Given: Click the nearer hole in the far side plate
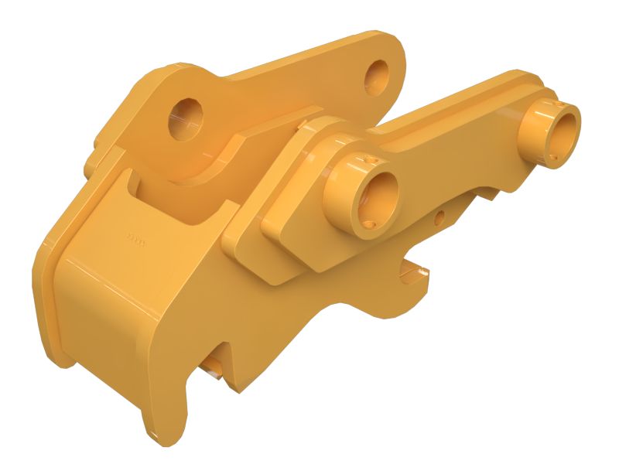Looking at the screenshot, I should click(x=186, y=118).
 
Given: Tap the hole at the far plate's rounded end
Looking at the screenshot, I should click(x=379, y=73).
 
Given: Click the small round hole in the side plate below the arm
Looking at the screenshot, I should click(x=439, y=219).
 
